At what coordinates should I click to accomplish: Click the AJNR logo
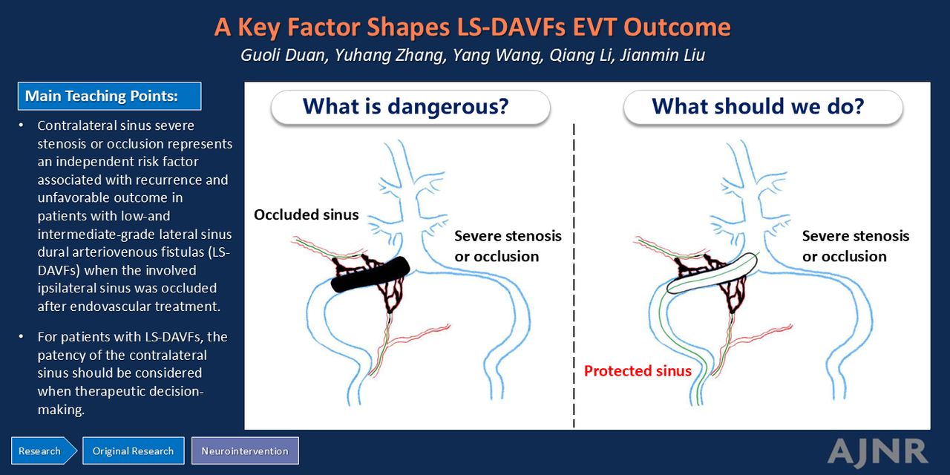point(878,452)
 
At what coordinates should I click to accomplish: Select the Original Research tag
point(133,451)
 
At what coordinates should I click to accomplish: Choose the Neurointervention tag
point(245,451)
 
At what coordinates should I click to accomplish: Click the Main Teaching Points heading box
point(109,96)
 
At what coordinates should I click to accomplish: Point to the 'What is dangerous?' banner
point(410,107)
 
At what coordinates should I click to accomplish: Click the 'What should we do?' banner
point(763,107)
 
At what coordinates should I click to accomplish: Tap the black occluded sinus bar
point(370,275)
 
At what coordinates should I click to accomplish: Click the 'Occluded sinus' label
point(307,214)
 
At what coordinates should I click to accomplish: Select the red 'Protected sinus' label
point(638,370)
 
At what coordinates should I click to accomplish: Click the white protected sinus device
point(712,273)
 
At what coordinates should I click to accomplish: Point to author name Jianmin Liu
point(663,55)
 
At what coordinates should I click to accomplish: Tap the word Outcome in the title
point(678,27)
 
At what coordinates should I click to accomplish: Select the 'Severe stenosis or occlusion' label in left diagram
point(508,246)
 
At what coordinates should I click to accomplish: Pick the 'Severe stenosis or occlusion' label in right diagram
point(856,246)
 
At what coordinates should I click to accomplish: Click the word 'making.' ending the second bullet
point(61,409)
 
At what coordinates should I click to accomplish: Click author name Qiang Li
point(581,55)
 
